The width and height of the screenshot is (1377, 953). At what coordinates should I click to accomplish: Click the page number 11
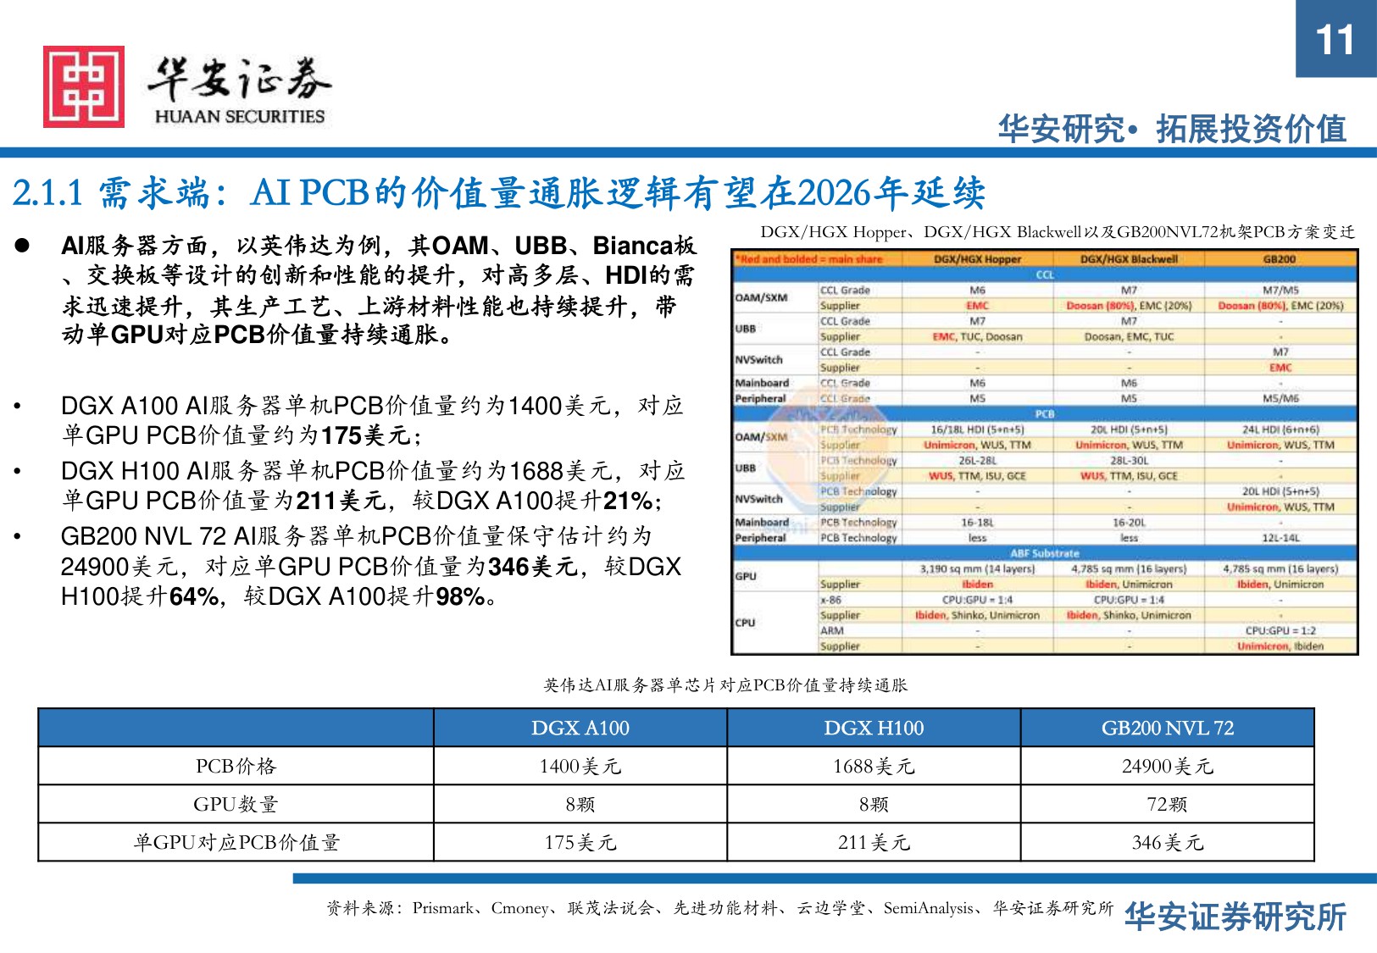[1335, 40]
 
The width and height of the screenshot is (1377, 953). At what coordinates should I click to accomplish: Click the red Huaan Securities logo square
[84, 86]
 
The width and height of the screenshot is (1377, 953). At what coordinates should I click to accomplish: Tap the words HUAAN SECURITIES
[240, 117]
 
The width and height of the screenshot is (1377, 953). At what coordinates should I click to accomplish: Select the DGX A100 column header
[580, 728]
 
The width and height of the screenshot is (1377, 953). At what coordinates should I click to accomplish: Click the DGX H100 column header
[874, 728]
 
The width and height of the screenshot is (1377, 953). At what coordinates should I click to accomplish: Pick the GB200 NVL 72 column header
[1167, 728]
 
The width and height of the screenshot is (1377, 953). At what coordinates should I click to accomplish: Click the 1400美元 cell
[580, 766]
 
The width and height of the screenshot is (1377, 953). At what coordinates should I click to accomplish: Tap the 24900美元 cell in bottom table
[1167, 766]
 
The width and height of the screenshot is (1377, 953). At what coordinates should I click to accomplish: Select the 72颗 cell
[1167, 804]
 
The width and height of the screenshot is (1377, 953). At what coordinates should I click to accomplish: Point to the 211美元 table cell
[874, 842]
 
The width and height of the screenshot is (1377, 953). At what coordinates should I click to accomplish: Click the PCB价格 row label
[236, 766]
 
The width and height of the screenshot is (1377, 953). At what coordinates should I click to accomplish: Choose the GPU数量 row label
[236, 804]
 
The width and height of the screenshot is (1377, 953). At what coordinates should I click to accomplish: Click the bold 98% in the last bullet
[460, 597]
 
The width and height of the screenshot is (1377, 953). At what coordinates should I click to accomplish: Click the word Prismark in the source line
[442, 908]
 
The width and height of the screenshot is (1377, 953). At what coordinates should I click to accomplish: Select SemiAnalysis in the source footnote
[928, 908]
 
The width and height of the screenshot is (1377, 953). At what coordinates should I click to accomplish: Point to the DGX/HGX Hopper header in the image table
[977, 259]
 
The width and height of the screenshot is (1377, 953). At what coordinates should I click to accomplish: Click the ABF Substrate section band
[1044, 553]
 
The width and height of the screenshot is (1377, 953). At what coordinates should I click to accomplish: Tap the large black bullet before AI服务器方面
[22, 246]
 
